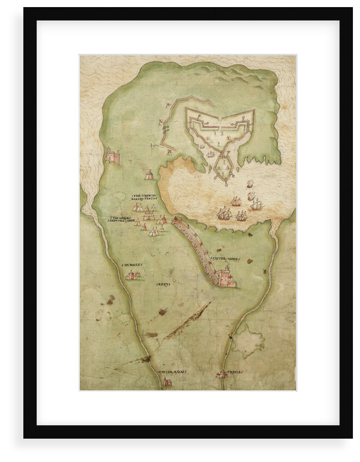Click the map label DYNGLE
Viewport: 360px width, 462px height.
point(132,264)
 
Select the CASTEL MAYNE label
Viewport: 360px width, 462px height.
point(172,372)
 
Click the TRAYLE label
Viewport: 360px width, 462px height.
point(234,372)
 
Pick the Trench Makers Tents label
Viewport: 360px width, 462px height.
point(144,198)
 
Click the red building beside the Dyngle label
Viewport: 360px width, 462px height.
point(132,276)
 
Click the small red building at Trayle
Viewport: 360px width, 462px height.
point(221,374)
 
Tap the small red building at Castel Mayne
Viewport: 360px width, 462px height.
point(167,382)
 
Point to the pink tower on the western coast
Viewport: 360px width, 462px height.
point(113,156)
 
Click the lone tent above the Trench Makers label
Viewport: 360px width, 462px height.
point(148,174)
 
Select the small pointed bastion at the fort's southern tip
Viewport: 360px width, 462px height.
point(222,170)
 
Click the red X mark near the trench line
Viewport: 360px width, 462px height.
point(169,151)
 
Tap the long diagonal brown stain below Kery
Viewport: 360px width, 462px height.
point(188,321)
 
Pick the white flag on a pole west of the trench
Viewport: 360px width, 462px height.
point(153,146)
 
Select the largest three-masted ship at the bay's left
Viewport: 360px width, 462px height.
point(224,213)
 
